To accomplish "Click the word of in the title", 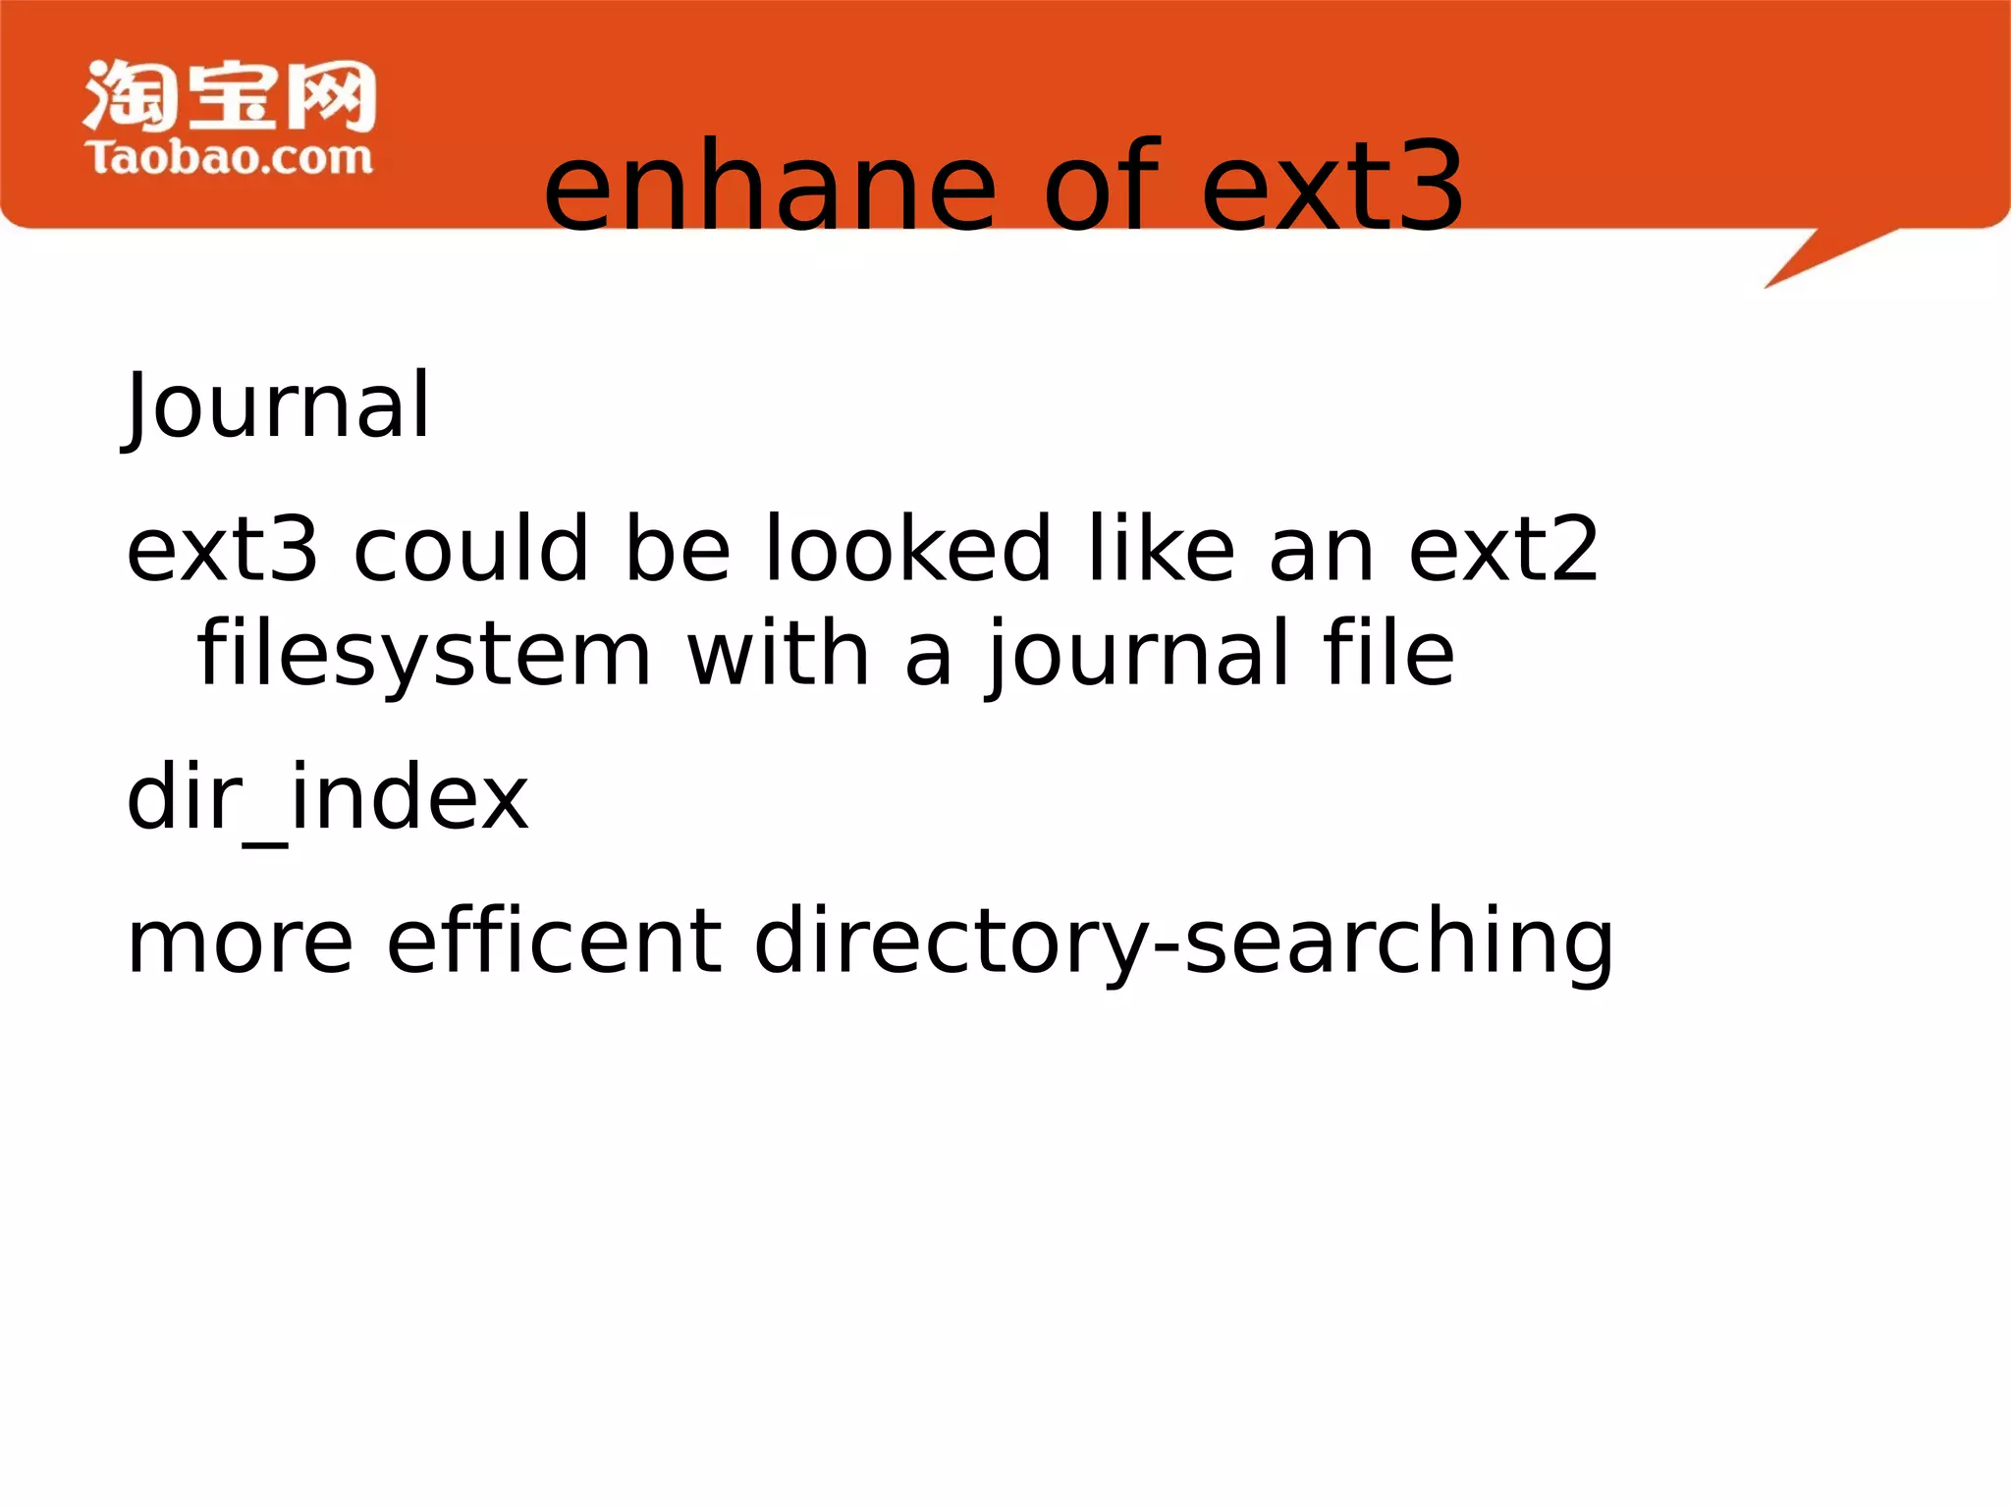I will click(1102, 187).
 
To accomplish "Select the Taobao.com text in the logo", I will click(229, 158).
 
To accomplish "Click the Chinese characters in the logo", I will click(230, 95).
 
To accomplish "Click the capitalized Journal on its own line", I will click(279, 405).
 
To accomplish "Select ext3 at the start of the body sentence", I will click(223, 550).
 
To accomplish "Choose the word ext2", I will click(1503, 550).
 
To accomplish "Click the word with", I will click(778, 653).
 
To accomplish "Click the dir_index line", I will click(328, 798).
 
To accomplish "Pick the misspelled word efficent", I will click(555, 941).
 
